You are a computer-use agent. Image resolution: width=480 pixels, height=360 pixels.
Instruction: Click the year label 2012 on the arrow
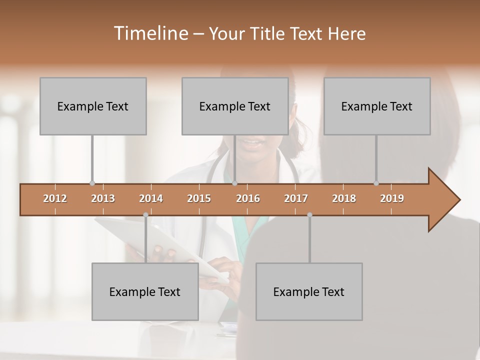(x=55, y=198)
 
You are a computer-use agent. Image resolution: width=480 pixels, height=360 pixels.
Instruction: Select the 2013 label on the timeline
(x=103, y=198)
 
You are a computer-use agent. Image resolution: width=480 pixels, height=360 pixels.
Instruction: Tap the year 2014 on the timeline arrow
(x=151, y=198)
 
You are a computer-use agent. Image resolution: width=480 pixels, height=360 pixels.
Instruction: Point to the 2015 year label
(x=199, y=198)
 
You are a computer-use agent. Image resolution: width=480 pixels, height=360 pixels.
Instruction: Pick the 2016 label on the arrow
(x=248, y=198)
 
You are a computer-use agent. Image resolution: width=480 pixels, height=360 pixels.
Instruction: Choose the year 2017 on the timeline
(x=296, y=198)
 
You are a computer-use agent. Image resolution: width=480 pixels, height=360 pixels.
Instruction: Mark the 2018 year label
(x=344, y=198)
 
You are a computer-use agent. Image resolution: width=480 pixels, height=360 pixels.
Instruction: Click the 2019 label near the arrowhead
(x=392, y=198)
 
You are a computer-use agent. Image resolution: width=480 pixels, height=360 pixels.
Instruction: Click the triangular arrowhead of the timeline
(x=442, y=200)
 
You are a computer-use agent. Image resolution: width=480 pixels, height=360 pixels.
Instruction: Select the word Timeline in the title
(x=149, y=33)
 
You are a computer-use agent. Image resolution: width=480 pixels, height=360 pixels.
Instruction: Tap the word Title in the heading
(x=267, y=33)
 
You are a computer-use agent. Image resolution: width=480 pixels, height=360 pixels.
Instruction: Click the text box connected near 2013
(x=93, y=106)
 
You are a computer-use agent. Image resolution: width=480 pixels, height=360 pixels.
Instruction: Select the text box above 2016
(x=235, y=106)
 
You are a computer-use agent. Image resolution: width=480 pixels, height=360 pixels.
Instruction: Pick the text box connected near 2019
(x=377, y=106)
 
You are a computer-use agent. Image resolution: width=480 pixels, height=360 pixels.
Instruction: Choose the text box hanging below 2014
(x=145, y=291)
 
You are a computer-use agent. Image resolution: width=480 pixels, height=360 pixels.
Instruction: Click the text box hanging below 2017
(x=309, y=291)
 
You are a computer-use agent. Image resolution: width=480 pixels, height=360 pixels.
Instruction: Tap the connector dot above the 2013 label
(x=92, y=183)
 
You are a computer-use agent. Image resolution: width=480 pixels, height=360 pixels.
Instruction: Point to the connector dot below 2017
(x=309, y=215)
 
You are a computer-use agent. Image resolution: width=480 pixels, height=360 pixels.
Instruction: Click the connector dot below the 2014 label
(x=145, y=215)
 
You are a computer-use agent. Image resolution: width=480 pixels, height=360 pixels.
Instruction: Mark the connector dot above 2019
(x=376, y=183)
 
